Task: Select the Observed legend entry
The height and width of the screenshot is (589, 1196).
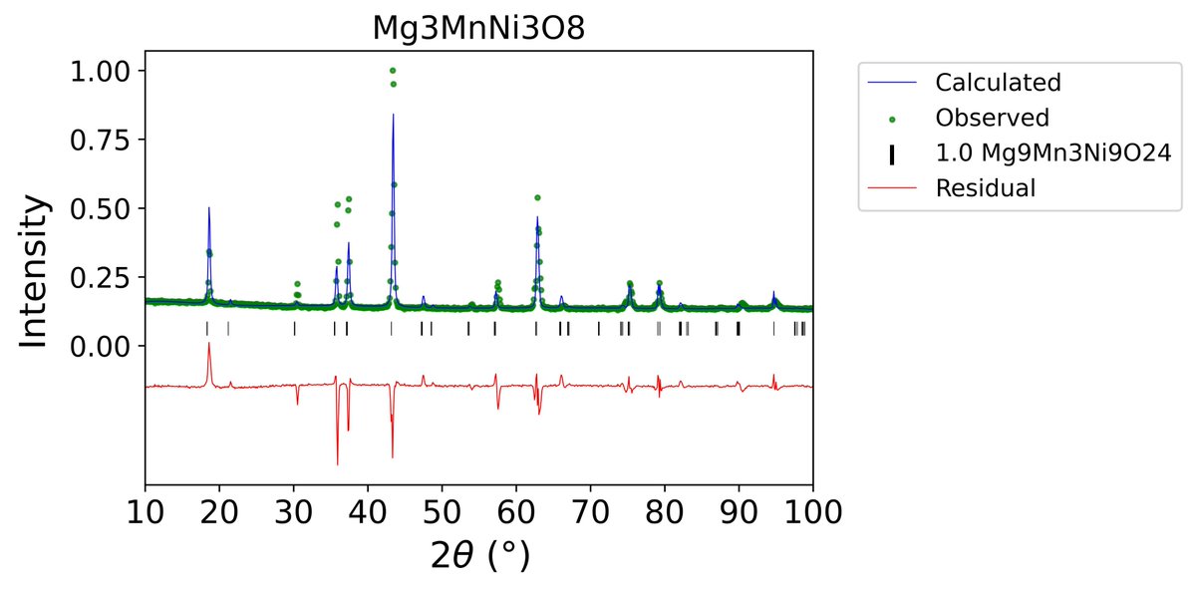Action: [992, 118]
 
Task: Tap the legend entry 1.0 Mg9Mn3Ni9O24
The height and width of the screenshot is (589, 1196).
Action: [1044, 152]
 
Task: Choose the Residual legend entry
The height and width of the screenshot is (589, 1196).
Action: [986, 188]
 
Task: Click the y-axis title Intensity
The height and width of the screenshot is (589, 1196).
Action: [34, 270]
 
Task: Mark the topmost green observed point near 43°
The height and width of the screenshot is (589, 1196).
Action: [393, 71]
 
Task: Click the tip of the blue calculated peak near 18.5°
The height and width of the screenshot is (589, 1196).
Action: [208, 207]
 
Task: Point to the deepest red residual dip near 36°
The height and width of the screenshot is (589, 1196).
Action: [337, 464]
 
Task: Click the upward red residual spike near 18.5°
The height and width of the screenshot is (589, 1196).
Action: [208, 343]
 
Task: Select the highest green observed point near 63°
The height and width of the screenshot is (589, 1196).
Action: [537, 197]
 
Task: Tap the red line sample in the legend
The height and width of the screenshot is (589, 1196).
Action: [892, 188]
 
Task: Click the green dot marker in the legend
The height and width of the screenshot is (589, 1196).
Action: [892, 119]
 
